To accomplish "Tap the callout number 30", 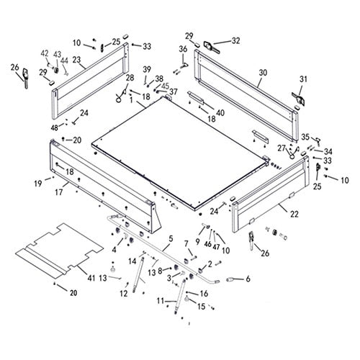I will tap(262, 73).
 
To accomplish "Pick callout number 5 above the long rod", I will tap(170, 238).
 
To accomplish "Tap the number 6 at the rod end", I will tap(248, 279).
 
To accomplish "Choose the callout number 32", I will tap(235, 40).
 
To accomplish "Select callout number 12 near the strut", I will tap(123, 293).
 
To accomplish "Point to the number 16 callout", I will tap(203, 293).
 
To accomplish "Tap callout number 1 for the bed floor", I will tap(131, 102).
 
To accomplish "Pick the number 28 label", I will tap(130, 78).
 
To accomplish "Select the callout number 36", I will tap(183, 48).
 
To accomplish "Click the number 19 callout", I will tap(37, 184).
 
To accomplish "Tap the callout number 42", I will tap(45, 53).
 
